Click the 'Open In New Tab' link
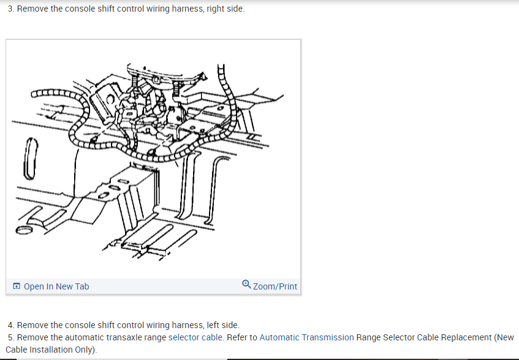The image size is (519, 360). coord(56,286)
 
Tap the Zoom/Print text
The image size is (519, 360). coord(275,286)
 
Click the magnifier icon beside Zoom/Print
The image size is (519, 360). coord(246,285)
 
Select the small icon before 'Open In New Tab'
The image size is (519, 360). coord(17,286)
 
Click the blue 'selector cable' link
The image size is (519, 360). coord(197,337)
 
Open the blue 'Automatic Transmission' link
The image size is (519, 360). coord(306,337)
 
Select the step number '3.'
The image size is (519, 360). coord(12,9)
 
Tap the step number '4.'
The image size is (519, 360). coord(12,325)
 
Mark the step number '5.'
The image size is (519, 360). coord(12,337)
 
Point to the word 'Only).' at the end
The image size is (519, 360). coord(85,350)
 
